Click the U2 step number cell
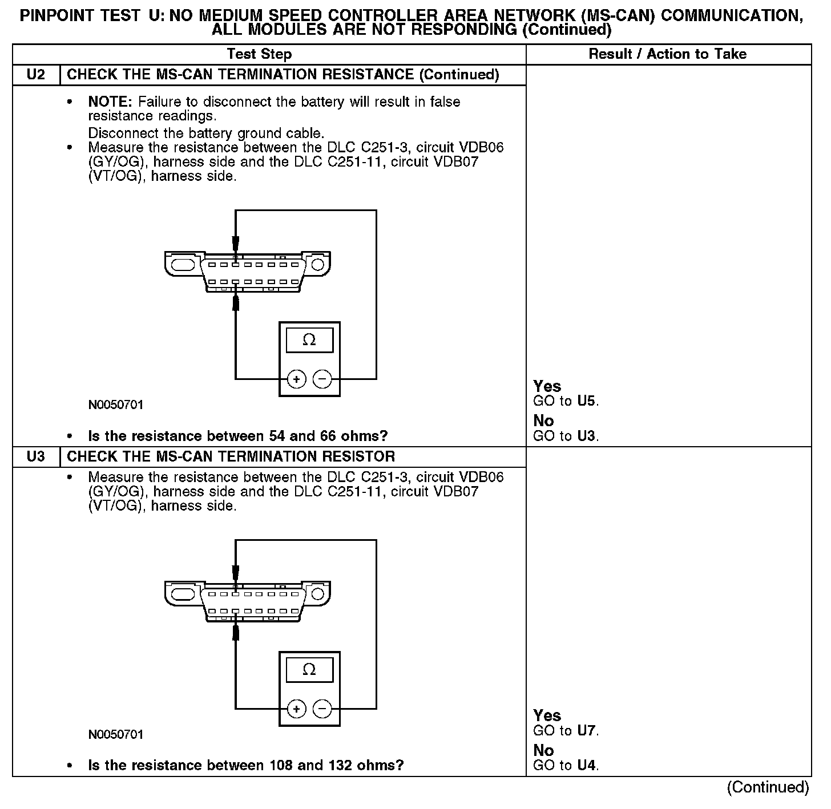[35, 75]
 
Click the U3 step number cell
[35, 456]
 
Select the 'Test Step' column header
[259, 54]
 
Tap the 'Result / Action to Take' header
[667, 54]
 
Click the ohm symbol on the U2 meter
[309, 340]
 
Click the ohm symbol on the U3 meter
[309, 669]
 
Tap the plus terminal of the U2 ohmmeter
[296, 379]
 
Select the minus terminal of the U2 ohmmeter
[322, 379]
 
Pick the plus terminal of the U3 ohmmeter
[296, 709]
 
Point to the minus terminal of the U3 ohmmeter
[322, 709]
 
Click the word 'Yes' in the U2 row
[547, 386]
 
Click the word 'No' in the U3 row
[543, 750]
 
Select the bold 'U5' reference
[587, 401]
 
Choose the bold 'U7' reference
[587, 731]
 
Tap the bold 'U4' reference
[587, 765]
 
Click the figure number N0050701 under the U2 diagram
[115, 405]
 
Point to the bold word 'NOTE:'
[110, 102]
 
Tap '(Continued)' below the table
[768, 788]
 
